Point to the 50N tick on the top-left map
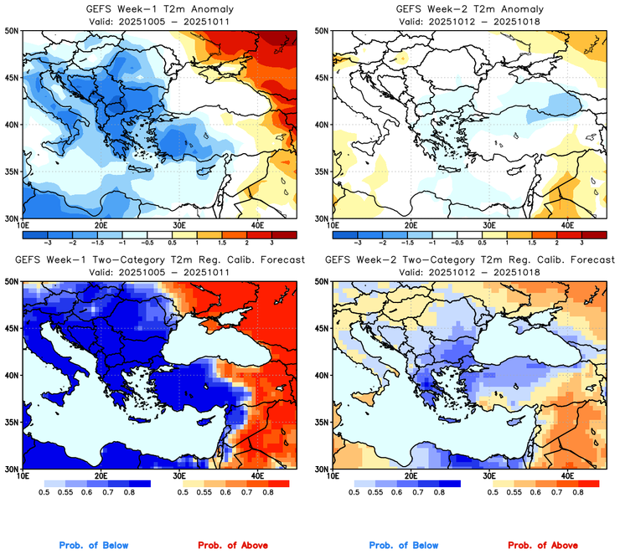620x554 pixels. point(14,31)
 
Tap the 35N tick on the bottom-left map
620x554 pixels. point(14,423)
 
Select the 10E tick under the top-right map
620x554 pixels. point(333,225)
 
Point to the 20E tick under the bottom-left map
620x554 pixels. point(100,476)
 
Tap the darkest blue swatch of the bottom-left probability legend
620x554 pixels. point(139,484)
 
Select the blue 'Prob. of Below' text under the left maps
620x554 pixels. point(95,546)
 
